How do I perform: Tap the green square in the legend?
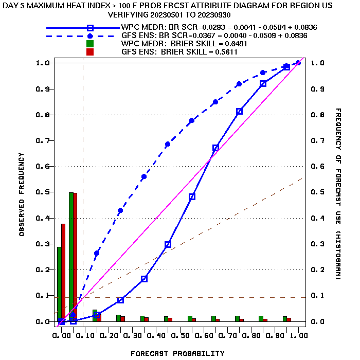click(90, 44)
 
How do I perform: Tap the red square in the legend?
click(90, 52)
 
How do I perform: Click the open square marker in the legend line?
click(90, 28)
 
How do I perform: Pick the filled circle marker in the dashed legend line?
click(90, 36)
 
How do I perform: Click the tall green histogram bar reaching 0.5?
click(71, 257)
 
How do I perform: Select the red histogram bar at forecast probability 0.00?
click(63, 273)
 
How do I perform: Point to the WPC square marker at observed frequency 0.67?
click(215, 148)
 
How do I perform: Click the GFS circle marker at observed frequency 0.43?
click(120, 210)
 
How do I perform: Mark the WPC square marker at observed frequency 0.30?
click(168, 245)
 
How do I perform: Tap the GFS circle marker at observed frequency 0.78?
click(192, 120)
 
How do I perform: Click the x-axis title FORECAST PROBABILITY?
click(177, 353)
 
